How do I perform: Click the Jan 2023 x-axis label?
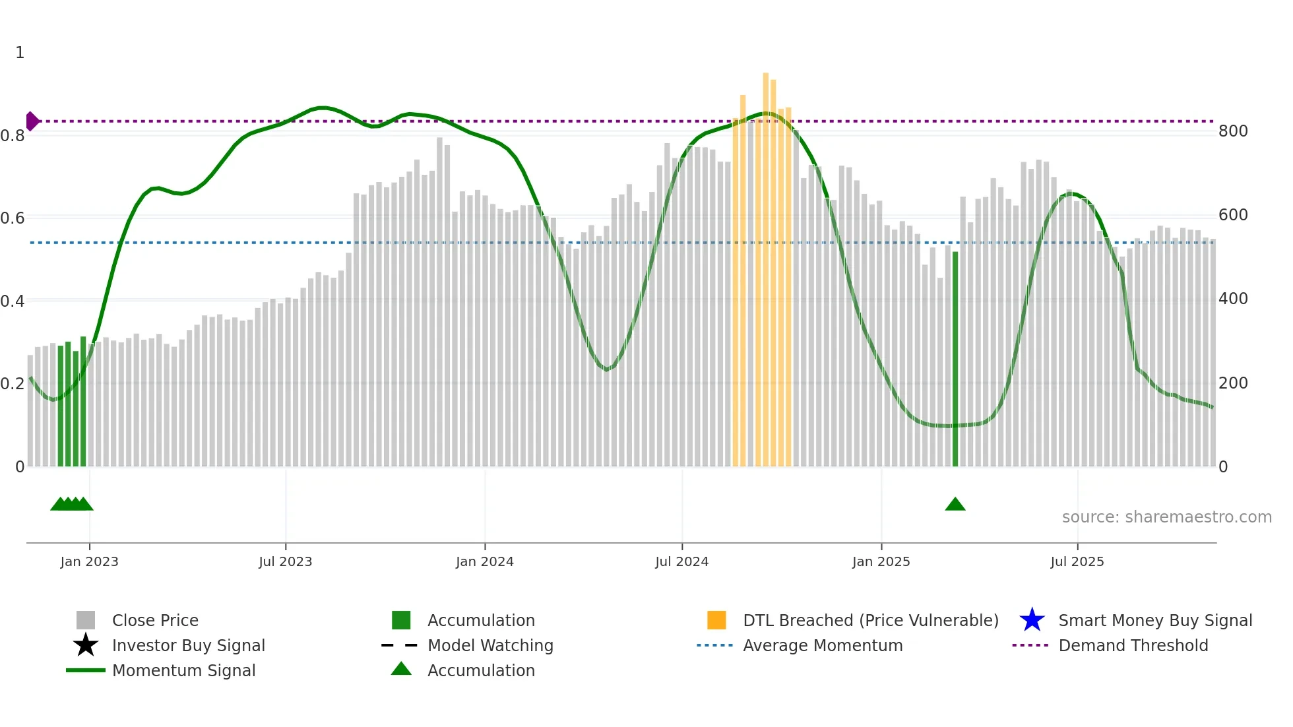[x=89, y=561]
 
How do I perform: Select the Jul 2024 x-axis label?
[x=681, y=561]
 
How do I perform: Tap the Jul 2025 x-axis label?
[x=1077, y=561]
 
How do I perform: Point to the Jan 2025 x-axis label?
[x=881, y=561]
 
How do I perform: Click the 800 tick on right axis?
[x=1233, y=131]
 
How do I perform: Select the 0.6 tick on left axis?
[x=13, y=218]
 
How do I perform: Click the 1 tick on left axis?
[x=20, y=53]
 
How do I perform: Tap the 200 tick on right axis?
[x=1233, y=383]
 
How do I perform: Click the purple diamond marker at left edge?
[x=32, y=121]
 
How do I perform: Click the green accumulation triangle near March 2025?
[x=955, y=505]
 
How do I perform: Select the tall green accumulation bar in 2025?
[x=955, y=360]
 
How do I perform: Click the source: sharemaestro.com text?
[x=1166, y=517]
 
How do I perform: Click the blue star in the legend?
[x=1032, y=620]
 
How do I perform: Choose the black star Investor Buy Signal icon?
[x=86, y=645]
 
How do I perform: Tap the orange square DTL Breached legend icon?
[x=716, y=620]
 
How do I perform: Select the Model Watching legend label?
[x=490, y=645]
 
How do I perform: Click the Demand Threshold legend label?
[x=1133, y=645]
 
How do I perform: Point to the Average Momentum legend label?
[x=823, y=645]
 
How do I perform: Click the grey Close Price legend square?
[x=86, y=620]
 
